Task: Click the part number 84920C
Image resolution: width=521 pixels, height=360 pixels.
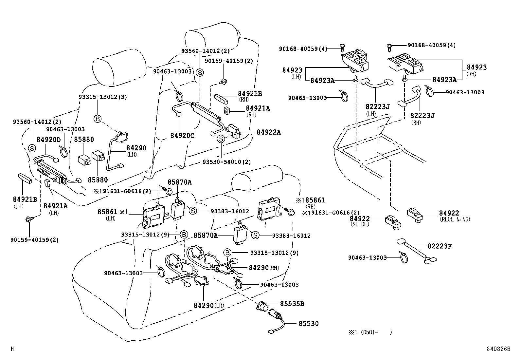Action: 182,135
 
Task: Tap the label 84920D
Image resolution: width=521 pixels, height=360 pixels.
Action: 48,140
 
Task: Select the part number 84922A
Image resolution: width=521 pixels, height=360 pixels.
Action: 269,132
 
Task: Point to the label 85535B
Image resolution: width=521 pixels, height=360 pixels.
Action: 292,304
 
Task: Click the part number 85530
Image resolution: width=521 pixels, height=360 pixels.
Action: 308,324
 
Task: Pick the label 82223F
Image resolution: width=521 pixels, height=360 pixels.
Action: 440,246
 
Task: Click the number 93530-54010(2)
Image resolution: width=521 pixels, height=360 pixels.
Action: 226,162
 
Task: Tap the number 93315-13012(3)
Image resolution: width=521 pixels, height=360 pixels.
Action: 103,97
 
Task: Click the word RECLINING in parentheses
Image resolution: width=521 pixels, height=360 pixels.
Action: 455,219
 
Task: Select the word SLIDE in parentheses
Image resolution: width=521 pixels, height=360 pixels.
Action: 360,224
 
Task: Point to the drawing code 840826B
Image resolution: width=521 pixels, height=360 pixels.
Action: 498,349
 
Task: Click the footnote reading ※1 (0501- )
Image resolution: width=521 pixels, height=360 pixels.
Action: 370,332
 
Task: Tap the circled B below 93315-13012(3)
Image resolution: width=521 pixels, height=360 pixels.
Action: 98,119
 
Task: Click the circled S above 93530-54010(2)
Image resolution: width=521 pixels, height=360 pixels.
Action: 221,139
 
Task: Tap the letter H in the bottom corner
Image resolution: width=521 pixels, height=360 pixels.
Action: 12,349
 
